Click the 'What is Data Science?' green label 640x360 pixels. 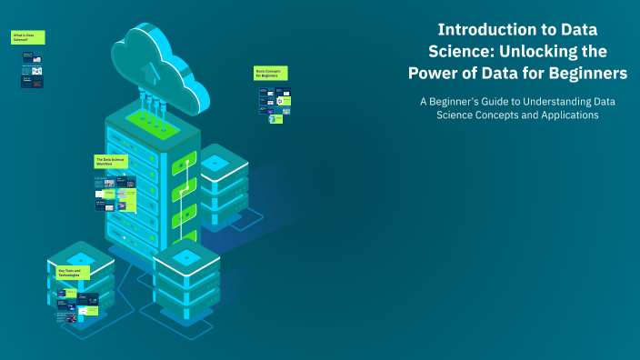pos(28,37)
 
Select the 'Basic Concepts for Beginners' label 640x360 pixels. pos(269,72)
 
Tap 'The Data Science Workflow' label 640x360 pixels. pos(111,161)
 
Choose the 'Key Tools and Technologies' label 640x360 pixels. pos(72,272)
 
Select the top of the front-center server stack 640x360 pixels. pos(187,257)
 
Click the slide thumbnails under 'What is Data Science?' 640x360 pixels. pos(32,68)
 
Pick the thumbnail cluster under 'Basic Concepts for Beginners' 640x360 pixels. pos(275,105)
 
